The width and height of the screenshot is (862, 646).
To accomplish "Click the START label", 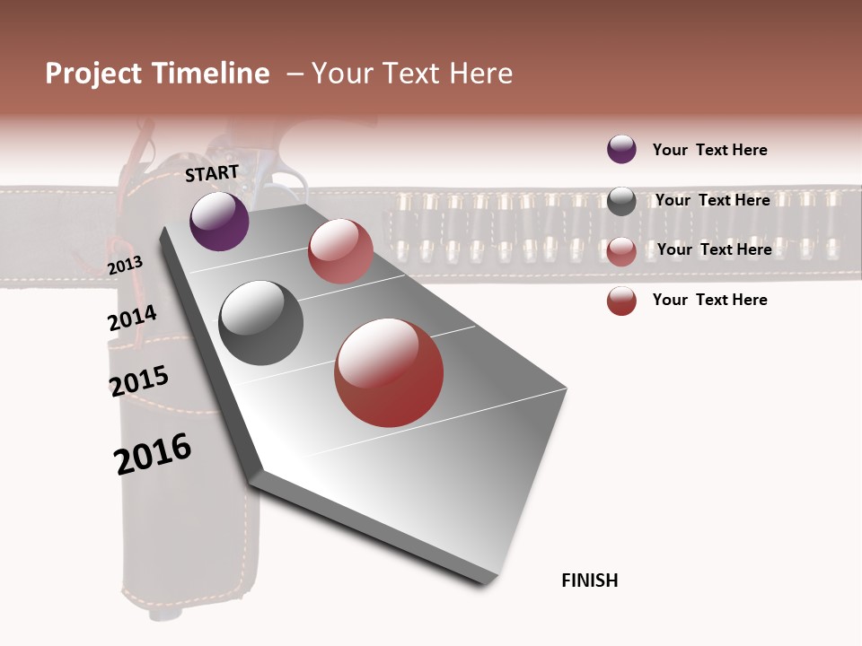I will pos(212,173).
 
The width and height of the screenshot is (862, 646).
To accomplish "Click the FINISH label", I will pos(590,581).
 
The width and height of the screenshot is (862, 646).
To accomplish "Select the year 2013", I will pos(125,266).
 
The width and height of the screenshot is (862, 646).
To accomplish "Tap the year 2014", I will pos(132,319).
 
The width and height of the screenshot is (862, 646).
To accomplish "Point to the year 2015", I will pos(139,380).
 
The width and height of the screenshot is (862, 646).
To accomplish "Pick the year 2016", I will pos(153,454).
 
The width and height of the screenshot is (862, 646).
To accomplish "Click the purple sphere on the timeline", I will pos(219,221).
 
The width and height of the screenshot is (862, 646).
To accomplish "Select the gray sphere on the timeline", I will pos(261,323).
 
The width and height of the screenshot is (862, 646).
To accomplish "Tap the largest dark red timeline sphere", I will pos(389,372).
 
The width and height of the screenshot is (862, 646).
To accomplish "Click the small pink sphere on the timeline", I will pos(340,251).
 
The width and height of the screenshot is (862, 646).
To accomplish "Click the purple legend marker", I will pos(621,149).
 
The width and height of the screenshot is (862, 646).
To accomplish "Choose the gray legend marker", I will pos(621,201).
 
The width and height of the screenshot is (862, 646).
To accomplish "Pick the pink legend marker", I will pos(621,251).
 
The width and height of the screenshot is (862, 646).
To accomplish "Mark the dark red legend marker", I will pos(621,301).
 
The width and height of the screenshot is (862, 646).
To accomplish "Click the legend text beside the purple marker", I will pos(709,150).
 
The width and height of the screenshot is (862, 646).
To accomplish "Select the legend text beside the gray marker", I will pos(712,200).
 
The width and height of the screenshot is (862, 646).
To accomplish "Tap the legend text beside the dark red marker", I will pos(709,300).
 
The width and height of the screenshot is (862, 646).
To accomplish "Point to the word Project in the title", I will pos(92,74).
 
